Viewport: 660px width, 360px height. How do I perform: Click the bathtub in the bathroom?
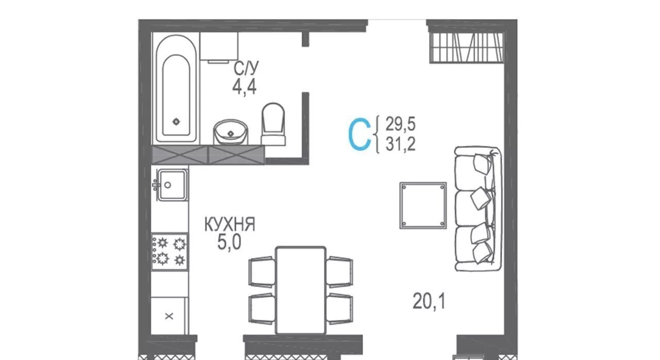(176, 88)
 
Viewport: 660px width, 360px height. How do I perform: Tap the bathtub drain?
(176, 121)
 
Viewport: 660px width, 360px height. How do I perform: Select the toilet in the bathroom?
(273, 124)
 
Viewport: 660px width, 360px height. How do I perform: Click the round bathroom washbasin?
(230, 132)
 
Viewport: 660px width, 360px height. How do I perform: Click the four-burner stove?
(170, 252)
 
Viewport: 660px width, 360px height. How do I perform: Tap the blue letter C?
(359, 134)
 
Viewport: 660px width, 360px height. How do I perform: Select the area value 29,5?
(401, 124)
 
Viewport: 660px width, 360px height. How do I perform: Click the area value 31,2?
(401, 144)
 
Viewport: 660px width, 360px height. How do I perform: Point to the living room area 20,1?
(429, 301)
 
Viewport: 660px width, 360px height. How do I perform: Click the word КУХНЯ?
(229, 224)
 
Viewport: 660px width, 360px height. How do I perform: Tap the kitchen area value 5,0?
(229, 242)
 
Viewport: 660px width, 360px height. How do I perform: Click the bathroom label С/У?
(246, 68)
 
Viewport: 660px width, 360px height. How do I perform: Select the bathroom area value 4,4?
(244, 87)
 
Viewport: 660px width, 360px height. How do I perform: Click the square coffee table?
(423, 205)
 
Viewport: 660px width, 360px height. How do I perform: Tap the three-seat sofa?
(477, 208)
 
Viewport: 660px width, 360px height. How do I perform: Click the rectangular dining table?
(301, 290)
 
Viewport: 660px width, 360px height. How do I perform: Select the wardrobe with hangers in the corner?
(467, 47)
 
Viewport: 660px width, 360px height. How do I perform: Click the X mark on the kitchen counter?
(169, 316)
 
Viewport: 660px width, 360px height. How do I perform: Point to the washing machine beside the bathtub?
(219, 47)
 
